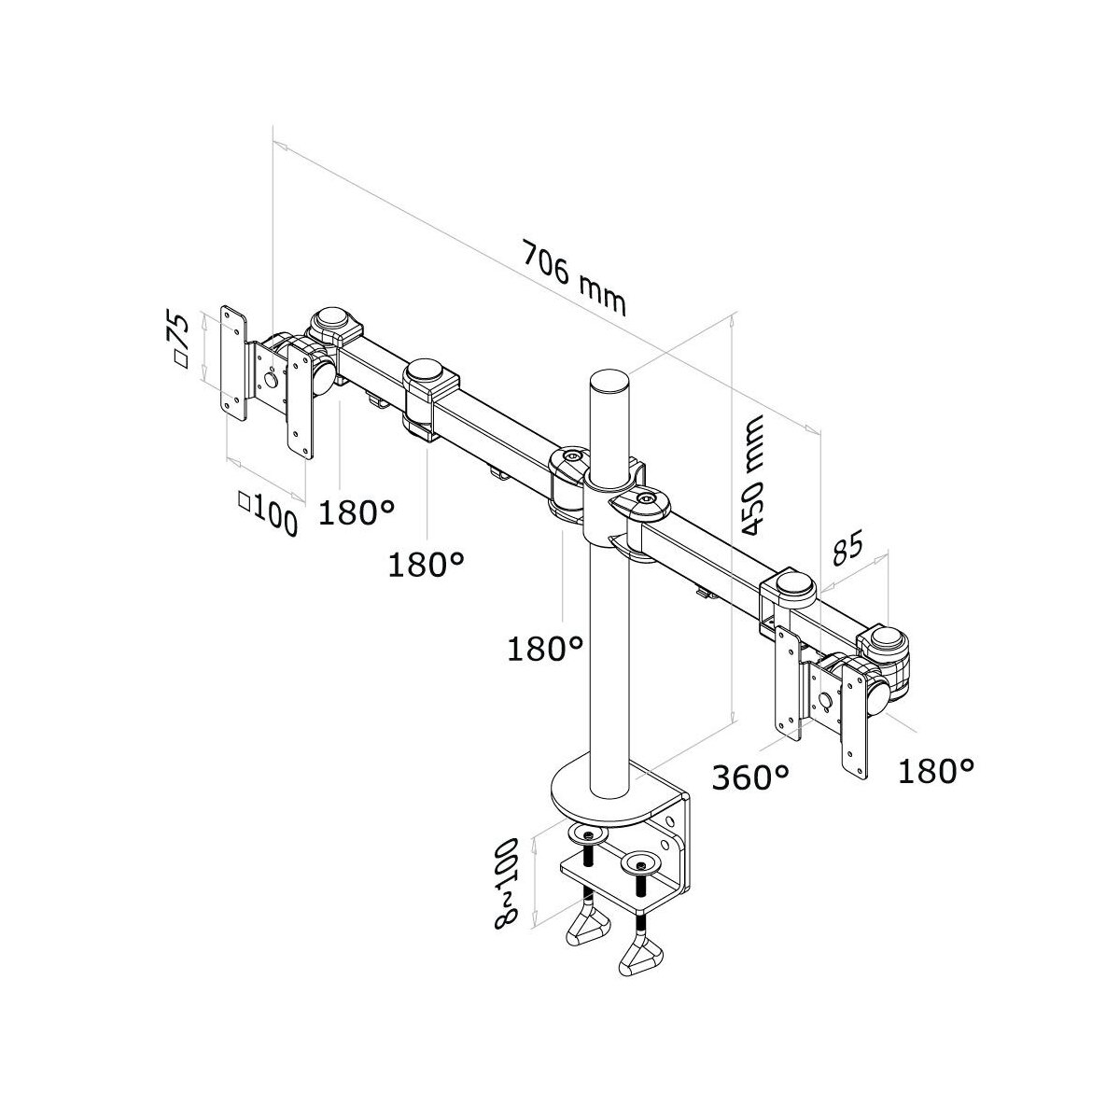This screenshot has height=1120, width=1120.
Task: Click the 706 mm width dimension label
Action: tap(574, 278)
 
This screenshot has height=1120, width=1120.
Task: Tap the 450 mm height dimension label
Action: tap(752, 474)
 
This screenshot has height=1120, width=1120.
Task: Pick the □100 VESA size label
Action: tap(269, 512)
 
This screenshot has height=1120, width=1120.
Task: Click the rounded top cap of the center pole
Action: tap(609, 379)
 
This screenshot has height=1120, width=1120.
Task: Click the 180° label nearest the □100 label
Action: tap(357, 511)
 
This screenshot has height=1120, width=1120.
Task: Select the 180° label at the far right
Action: tap(936, 771)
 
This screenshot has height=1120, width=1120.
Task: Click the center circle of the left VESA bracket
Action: tap(271, 380)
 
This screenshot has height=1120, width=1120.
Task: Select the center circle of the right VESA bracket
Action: tap(824, 699)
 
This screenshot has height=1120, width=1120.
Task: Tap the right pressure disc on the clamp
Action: tap(640, 879)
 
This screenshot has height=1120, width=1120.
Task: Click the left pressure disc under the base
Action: tap(588, 836)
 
